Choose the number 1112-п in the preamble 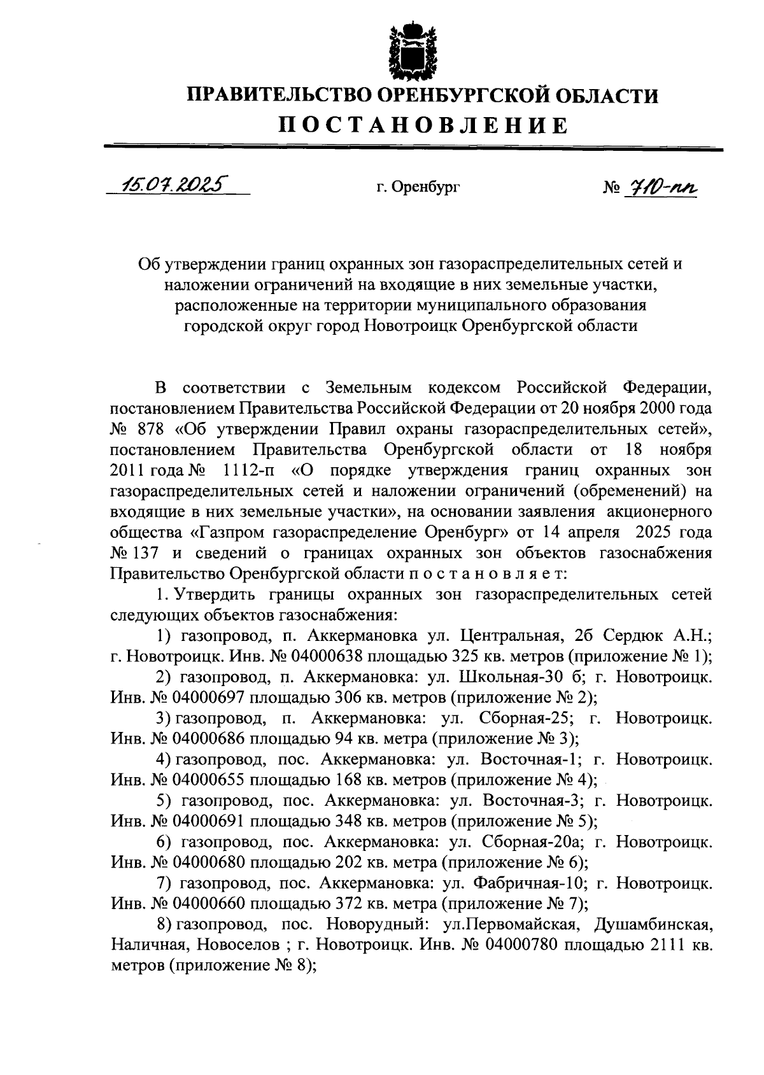249,470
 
